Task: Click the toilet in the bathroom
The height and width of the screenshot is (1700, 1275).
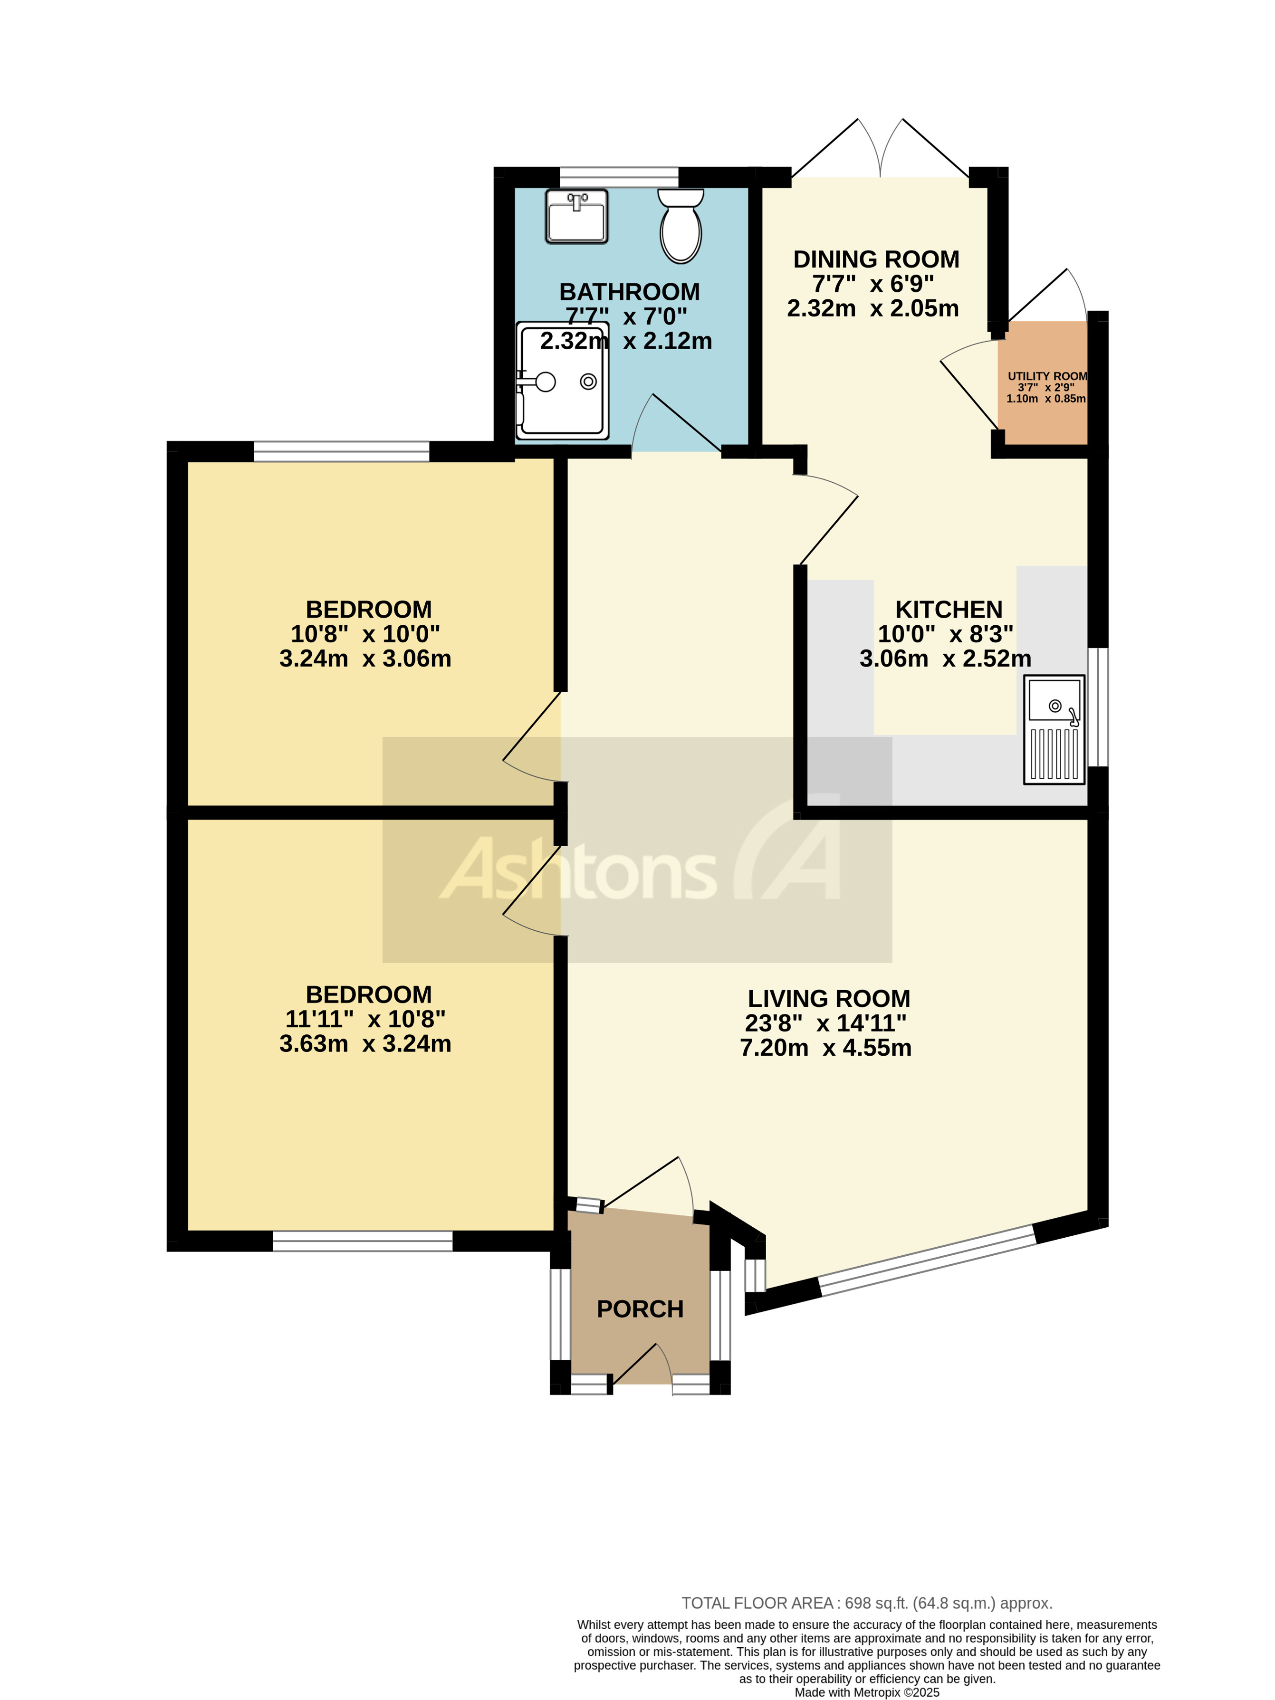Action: pyautogui.click(x=680, y=227)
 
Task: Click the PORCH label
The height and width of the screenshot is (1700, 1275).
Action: pyautogui.click(x=640, y=1309)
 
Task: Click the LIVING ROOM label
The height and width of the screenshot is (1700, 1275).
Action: pyautogui.click(x=828, y=998)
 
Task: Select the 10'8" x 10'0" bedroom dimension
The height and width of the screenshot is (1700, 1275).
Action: pyautogui.click(x=365, y=634)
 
